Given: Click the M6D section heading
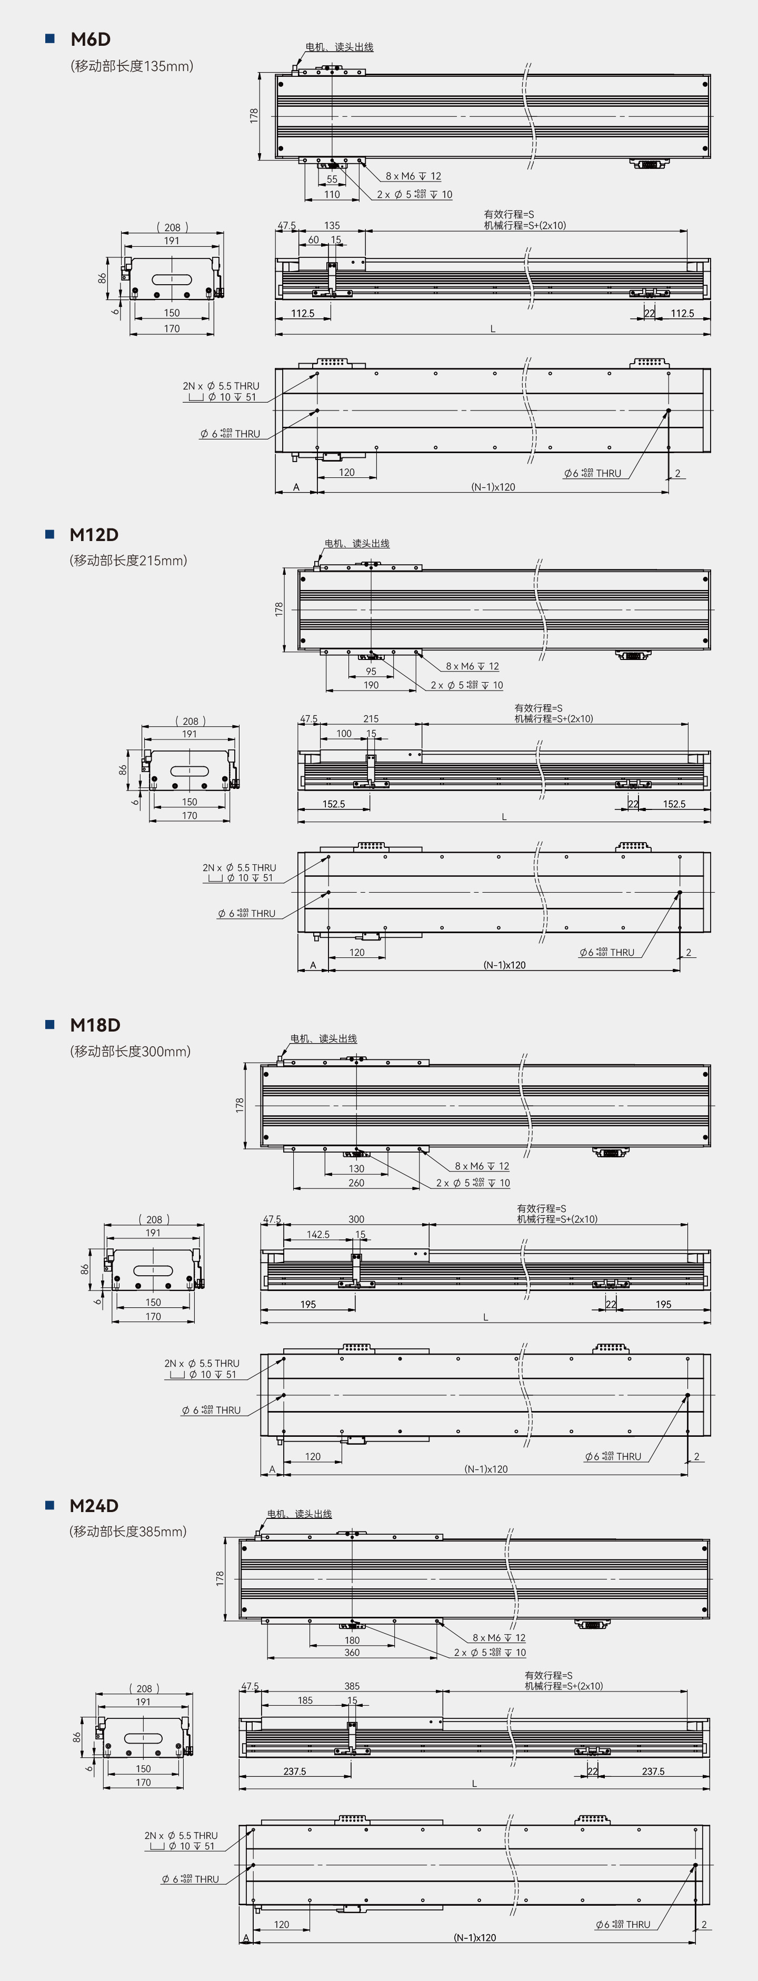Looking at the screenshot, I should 91,39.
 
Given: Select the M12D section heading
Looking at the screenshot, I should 94,535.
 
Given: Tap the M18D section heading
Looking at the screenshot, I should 95,1025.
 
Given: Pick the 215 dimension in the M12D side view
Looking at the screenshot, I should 371,719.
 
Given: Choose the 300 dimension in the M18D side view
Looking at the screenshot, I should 356,1219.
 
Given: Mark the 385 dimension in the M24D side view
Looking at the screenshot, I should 352,1686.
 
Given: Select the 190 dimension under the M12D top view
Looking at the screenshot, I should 371,685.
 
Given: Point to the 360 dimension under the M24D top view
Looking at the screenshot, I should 352,1652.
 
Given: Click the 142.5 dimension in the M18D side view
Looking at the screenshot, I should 318,1234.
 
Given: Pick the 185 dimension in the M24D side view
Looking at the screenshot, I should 305,1700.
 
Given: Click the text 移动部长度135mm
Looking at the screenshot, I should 132,66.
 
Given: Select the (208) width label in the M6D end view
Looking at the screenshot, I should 172,227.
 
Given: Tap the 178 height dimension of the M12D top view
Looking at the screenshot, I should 279,609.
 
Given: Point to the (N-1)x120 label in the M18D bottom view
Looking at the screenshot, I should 486,1469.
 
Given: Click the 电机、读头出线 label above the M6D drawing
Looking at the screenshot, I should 339,47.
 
